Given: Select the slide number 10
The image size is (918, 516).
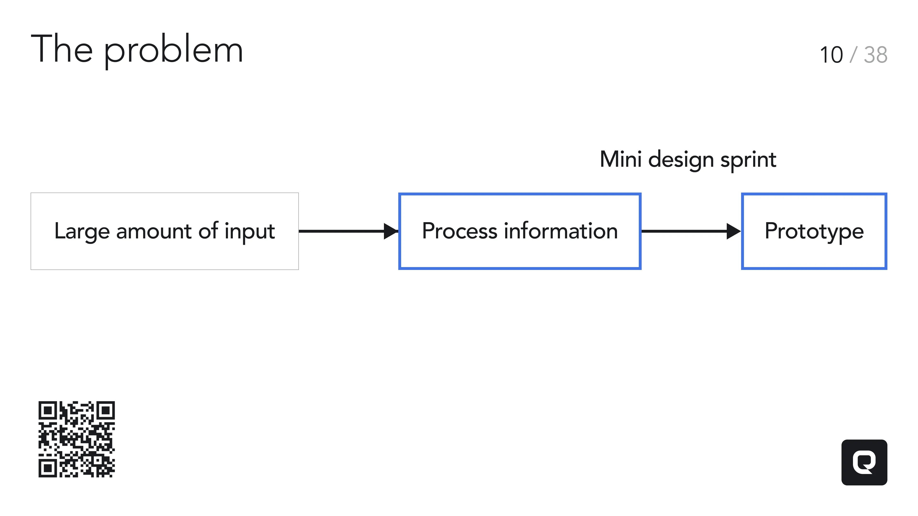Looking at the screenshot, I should [x=831, y=55].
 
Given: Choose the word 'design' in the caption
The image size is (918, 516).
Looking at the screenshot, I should [x=681, y=160].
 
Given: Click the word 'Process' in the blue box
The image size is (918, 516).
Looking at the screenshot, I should [x=459, y=231].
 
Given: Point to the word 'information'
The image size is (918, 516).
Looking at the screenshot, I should [x=561, y=231].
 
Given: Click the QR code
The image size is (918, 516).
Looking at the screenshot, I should [x=76, y=439].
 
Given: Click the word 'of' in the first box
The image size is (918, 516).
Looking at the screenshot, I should [x=208, y=231].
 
